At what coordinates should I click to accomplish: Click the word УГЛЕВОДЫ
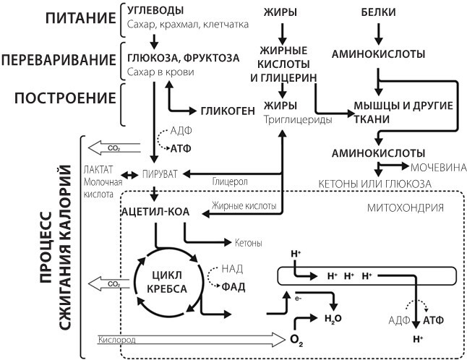(155, 11)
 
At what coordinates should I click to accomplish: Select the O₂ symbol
(296, 339)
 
